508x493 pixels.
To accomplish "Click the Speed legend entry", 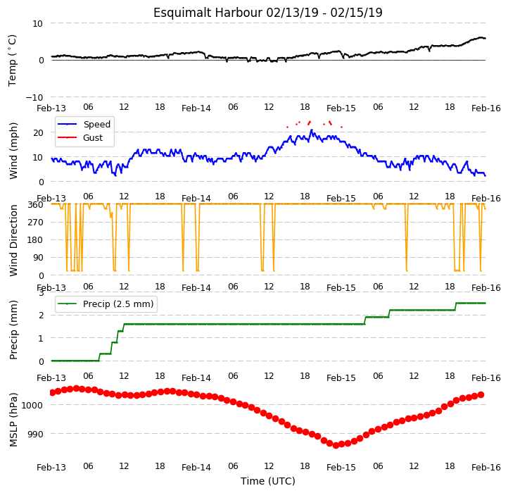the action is pos(84,124).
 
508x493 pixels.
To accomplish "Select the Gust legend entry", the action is pos(80,138).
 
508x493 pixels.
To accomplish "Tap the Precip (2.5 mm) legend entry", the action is pos(106,304).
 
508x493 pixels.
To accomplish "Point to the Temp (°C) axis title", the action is pos(12,61).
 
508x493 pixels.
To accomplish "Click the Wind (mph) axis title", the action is pos(13,151).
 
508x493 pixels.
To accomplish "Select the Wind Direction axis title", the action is pos(13,240).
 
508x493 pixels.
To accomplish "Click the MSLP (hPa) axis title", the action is pos(13,420).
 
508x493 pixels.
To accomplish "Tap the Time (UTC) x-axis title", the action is pos(268,481).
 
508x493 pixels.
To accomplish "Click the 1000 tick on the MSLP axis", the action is pos(32,405).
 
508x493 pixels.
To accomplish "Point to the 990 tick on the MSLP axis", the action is pos(34,434).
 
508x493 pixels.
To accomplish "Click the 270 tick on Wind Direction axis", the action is pos(36,223).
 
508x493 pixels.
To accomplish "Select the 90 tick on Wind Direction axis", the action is pos(38,258).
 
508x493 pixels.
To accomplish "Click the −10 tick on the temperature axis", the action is pos(34,97).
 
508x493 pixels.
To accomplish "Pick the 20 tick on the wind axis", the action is pos(38,132).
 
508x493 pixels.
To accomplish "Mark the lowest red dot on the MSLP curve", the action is pos(336,445).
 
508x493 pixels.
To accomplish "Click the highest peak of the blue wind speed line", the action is pos(312,130).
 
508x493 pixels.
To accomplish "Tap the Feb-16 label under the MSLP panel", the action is pos(486,468).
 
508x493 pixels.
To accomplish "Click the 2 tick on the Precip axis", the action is pos(41,316).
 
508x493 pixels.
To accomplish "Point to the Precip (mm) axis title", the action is pos(13,330).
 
